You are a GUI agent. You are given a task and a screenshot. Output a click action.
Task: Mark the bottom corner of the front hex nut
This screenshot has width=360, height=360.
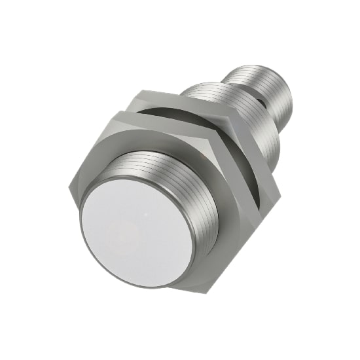pos(171,287)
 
